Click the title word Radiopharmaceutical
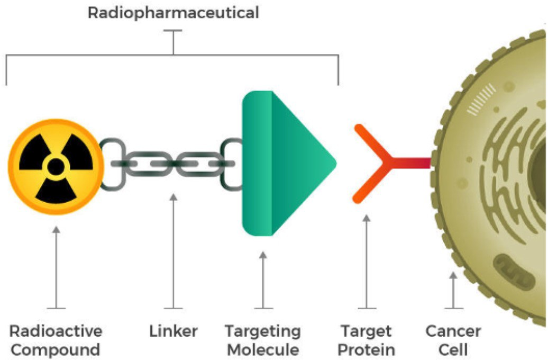(173, 13)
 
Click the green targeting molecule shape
(283, 163)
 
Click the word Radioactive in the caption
(56, 332)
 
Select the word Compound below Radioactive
(56, 350)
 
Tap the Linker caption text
(173, 332)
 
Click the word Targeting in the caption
(263, 332)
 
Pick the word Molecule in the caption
(263, 350)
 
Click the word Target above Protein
(366, 332)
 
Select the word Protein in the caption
(366, 350)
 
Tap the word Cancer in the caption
(453, 332)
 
